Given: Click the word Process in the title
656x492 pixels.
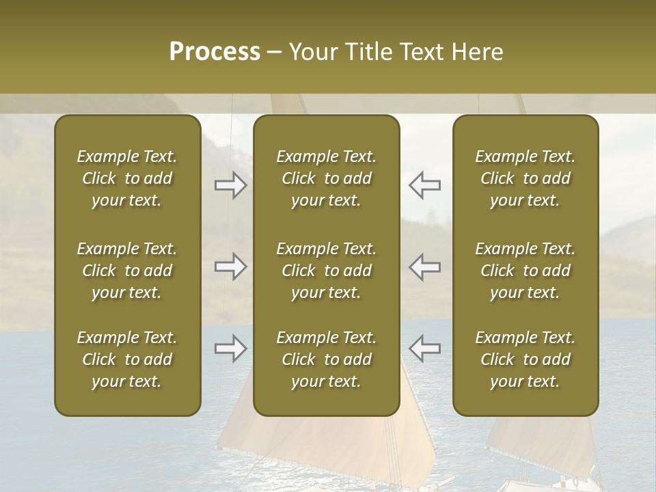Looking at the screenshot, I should pyautogui.click(x=215, y=52).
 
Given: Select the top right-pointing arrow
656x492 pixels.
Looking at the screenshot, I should pyautogui.click(x=231, y=185).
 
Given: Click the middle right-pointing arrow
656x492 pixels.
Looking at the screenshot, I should pyautogui.click(x=231, y=266).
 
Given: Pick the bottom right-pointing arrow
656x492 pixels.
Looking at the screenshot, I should pyautogui.click(x=231, y=348).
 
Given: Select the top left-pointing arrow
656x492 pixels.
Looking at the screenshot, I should pyautogui.click(x=424, y=185).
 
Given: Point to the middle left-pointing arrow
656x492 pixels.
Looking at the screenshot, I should pyautogui.click(x=424, y=266).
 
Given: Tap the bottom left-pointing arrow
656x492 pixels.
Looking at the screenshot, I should pyautogui.click(x=424, y=348).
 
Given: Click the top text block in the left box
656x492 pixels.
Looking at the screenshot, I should pyautogui.click(x=127, y=178).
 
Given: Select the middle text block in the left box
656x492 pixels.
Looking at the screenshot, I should pyautogui.click(x=127, y=271).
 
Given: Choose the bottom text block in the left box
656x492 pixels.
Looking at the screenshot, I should pyautogui.click(x=127, y=359).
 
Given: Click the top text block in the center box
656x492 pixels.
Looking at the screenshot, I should pyautogui.click(x=326, y=178).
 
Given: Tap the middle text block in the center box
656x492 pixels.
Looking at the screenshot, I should pyautogui.click(x=326, y=271).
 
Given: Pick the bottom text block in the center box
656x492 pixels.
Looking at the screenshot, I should pyautogui.click(x=326, y=359).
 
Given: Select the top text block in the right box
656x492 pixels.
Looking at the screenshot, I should pyautogui.click(x=525, y=178).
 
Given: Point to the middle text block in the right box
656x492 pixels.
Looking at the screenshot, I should pyautogui.click(x=525, y=271).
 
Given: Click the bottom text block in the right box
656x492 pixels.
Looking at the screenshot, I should pyautogui.click(x=525, y=359).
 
